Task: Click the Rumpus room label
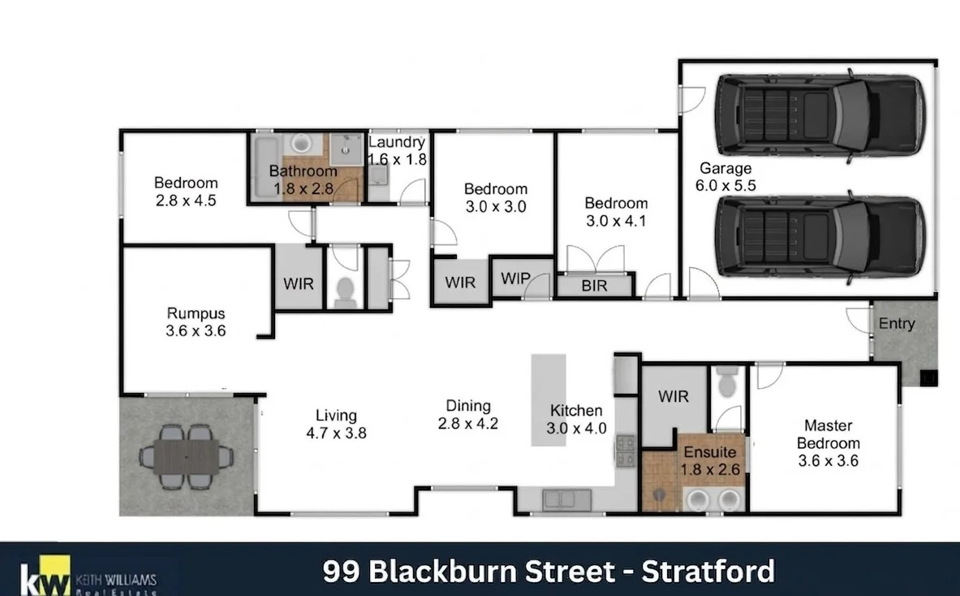click(x=196, y=322)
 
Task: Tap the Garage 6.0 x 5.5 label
click(x=725, y=176)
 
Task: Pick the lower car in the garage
click(x=820, y=238)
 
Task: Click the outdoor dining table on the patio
click(x=186, y=456)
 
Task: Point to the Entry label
click(x=897, y=323)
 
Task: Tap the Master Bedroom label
click(x=829, y=443)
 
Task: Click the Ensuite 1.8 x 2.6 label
click(x=710, y=460)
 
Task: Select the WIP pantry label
click(x=515, y=279)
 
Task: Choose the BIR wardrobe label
click(x=594, y=286)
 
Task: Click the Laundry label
click(x=397, y=142)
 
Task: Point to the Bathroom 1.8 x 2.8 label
click(x=303, y=180)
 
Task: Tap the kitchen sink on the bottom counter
click(x=566, y=500)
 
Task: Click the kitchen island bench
click(x=548, y=399)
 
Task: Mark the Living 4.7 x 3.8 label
click(x=336, y=425)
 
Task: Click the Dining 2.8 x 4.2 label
click(x=468, y=415)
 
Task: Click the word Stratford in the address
click(x=708, y=572)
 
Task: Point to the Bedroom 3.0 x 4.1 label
click(x=616, y=212)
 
